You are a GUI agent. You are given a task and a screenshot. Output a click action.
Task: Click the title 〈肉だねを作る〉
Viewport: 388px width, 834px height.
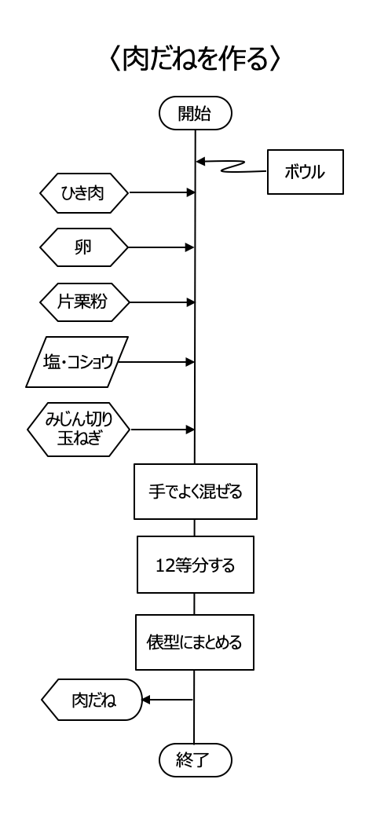(x=194, y=59)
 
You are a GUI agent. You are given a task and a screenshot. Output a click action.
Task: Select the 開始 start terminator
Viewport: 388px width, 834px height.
(x=196, y=113)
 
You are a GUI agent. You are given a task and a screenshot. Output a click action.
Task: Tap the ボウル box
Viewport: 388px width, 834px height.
(x=305, y=172)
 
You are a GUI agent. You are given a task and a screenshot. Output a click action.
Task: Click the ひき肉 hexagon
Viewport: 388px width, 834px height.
(x=84, y=193)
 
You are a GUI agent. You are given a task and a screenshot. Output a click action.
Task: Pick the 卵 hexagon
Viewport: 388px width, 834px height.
(x=84, y=247)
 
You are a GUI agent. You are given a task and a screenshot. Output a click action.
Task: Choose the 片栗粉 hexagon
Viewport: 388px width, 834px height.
(x=84, y=302)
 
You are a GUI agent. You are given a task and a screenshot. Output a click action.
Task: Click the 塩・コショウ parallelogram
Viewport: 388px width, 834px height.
(x=77, y=362)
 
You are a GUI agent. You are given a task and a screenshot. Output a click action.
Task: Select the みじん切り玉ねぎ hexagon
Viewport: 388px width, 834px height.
(x=79, y=430)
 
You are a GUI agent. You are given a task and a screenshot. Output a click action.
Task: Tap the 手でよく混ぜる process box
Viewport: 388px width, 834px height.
(x=196, y=492)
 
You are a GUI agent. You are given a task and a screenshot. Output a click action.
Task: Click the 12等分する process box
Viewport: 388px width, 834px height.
(x=196, y=565)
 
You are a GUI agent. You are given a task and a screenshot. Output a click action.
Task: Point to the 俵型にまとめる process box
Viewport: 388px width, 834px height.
(x=195, y=642)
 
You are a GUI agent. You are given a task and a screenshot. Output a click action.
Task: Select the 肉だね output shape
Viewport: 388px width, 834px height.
(x=92, y=700)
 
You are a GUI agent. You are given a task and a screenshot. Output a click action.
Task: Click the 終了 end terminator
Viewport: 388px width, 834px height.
(x=196, y=760)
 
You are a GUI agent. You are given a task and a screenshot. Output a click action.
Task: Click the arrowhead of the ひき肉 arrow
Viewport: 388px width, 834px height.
(x=191, y=192)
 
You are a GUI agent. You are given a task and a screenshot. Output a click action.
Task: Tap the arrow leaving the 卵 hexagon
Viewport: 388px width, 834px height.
(x=161, y=247)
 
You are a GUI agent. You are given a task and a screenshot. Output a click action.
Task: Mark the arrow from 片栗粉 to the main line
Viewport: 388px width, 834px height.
(x=163, y=302)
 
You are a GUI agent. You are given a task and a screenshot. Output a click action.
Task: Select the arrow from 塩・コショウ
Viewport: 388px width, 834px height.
(x=156, y=362)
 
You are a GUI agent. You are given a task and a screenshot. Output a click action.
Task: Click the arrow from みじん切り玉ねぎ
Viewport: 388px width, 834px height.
(x=163, y=430)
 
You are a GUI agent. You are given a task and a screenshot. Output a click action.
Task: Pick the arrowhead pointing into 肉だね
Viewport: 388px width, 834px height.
(x=146, y=700)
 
